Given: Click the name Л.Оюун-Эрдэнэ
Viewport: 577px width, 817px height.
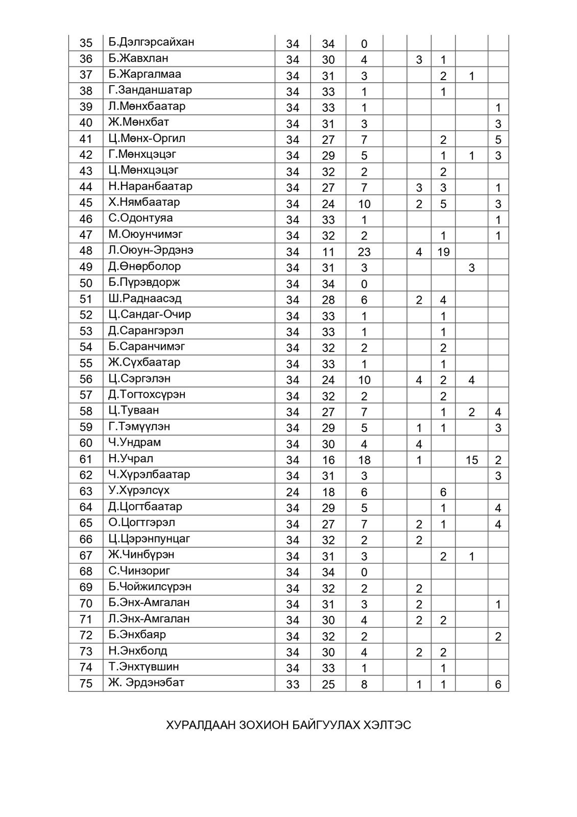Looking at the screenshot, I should (150, 250).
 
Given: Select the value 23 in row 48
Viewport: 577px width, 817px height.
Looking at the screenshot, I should (364, 252).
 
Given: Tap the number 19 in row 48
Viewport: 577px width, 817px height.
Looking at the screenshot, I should (443, 252).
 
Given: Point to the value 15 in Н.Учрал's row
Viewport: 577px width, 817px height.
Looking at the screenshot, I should (471, 460).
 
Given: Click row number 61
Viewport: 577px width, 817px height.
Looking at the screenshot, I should (86, 459).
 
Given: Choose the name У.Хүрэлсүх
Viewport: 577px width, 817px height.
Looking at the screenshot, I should (138, 490).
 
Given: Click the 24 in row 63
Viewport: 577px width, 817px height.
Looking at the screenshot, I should (293, 492).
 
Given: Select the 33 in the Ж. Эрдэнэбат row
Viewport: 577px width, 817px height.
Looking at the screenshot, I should (293, 684).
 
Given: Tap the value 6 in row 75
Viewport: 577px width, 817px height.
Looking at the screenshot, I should (498, 684).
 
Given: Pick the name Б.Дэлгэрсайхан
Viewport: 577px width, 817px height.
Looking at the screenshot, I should (151, 42).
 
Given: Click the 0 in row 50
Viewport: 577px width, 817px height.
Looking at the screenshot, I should (364, 284).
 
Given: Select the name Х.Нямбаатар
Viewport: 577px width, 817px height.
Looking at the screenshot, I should (144, 202).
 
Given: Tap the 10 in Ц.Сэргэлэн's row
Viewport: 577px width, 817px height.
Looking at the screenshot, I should (364, 380).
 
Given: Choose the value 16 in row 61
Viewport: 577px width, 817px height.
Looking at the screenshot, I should (328, 460).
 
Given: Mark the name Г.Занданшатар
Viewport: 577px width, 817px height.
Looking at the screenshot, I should (150, 90).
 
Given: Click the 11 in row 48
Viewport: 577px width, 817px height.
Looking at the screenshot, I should (328, 252).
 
